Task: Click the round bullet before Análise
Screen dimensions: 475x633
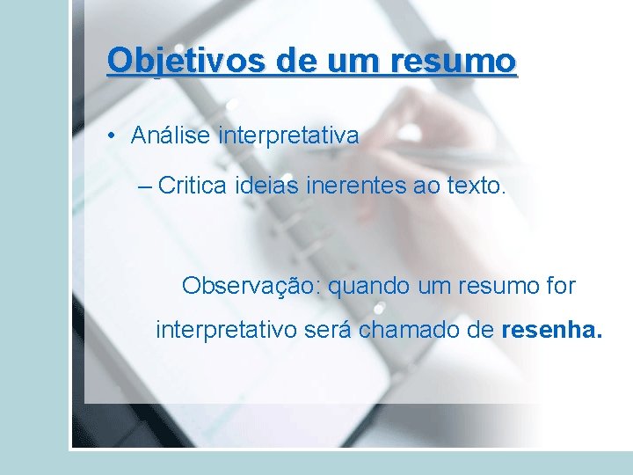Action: point(113,136)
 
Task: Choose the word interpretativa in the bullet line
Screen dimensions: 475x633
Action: point(289,135)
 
